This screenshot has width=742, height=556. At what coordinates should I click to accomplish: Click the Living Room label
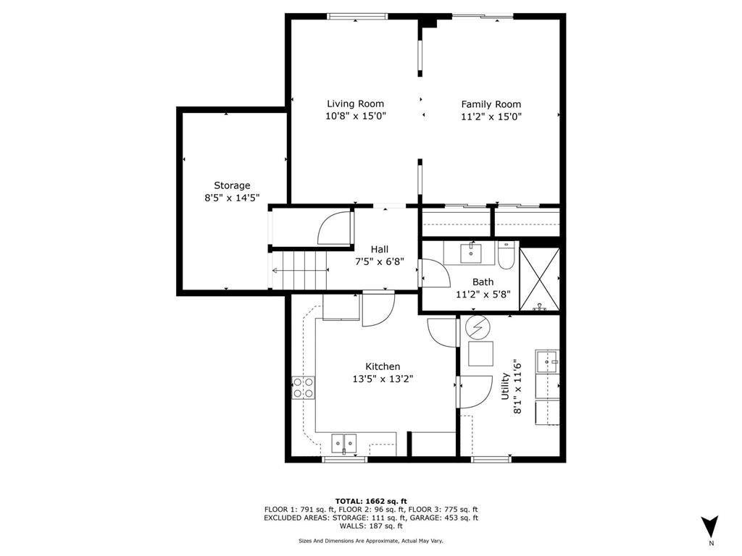pos(355,104)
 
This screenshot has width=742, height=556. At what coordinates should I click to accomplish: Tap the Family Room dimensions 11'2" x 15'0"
pos(491,117)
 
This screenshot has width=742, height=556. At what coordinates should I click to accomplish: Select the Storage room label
pos(232,185)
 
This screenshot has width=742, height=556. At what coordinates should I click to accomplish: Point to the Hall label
pos(380,249)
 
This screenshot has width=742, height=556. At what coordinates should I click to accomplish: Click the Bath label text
pos(483,282)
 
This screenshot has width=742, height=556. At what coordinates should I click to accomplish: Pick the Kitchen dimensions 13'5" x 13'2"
pos(383,379)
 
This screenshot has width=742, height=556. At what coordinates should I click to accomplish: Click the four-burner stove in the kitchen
pos(304,388)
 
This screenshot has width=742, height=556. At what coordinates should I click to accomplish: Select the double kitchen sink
pos(344,442)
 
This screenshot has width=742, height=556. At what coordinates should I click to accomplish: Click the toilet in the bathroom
pos(506,256)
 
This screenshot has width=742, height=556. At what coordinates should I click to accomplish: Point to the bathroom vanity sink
pos(472,252)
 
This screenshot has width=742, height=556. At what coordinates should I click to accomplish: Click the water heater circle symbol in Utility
pos(478,328)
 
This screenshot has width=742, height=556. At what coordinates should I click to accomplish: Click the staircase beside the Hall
pos(299,271)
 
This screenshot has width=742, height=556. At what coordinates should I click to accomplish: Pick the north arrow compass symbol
pos(710,526)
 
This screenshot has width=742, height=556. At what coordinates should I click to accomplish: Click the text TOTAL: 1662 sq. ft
pos(371,501)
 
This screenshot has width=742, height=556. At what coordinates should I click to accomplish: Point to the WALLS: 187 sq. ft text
pos(371,526)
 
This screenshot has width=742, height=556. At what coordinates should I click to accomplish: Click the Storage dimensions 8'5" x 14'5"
pos(232,198)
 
